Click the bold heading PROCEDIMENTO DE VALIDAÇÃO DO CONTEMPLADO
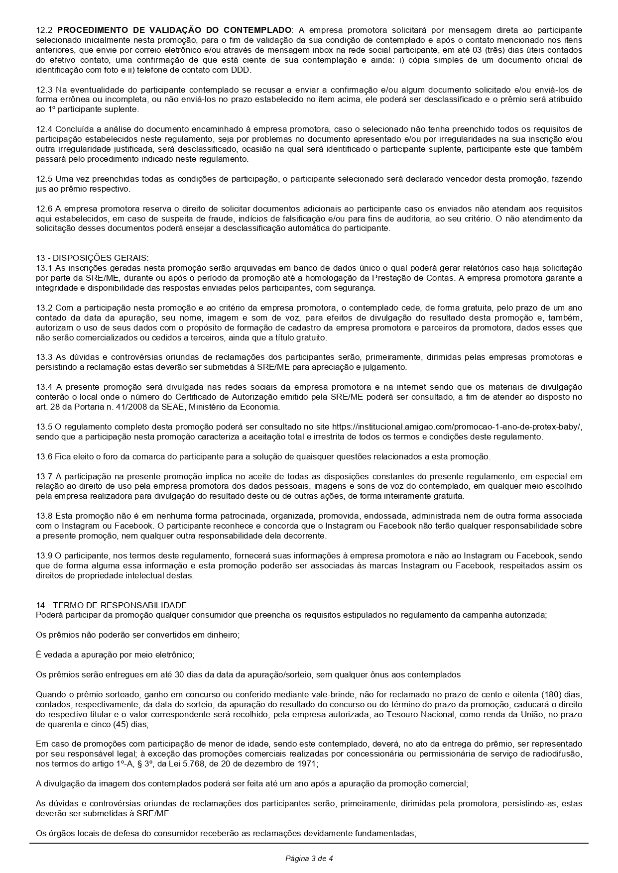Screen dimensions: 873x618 (x=178, y=30)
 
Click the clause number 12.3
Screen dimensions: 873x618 (x=44, y=90)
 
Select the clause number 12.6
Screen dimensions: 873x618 (x=44, y=209)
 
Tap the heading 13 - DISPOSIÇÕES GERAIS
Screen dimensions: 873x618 (x=92, y=258)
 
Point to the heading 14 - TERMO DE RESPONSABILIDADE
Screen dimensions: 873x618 (x=111, y=605)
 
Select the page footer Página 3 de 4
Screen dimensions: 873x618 (x=309, y=859)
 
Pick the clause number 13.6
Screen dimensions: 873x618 (x=44, y=457)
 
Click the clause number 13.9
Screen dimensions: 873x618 (x=44, y=556)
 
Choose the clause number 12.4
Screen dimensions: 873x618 (x=44, y=129)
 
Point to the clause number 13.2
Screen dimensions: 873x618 (x=44, y=308)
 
